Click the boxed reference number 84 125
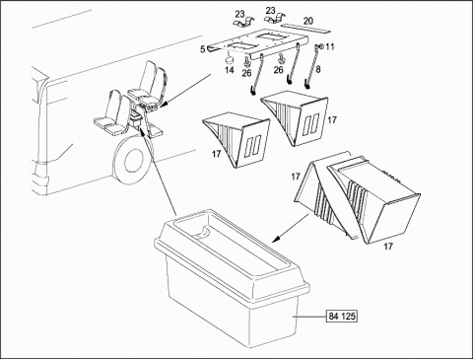click(x=342, y=317)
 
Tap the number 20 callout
click(x=308, y=21)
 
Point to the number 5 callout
click(x=202, y=49)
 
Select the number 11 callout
click(x=330, y=46)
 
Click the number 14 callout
click(x=230, y=70)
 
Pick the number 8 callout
click(x=318, y=69)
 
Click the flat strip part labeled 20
click(x=305, y=28)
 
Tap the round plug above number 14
click(x=229, y=60)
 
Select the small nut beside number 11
click(x=321, y=46)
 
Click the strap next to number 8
click(x=311, y=67)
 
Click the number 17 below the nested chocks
click(x=388, y=246)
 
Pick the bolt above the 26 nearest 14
click(x=246, y=61)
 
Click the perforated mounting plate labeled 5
click(x=258, y=43)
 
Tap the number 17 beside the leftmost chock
click(x=216, y=154)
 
